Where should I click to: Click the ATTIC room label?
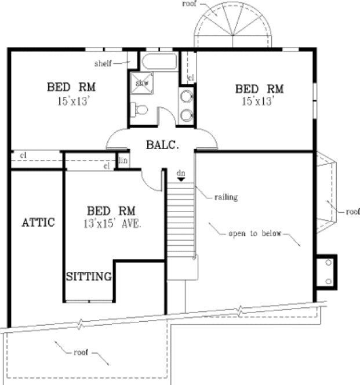pos(38,222)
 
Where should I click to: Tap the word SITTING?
pos(88,276)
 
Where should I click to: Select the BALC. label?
pos(162,145)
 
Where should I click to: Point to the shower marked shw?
pos(142,83)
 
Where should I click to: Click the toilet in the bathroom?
pos(140,110)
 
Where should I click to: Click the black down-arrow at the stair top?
pos(181,179)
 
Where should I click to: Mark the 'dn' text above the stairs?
pos(181,172)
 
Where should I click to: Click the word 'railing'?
pos(226,197)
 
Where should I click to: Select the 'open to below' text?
pos(253,234)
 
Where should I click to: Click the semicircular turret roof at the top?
pos(232,26)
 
